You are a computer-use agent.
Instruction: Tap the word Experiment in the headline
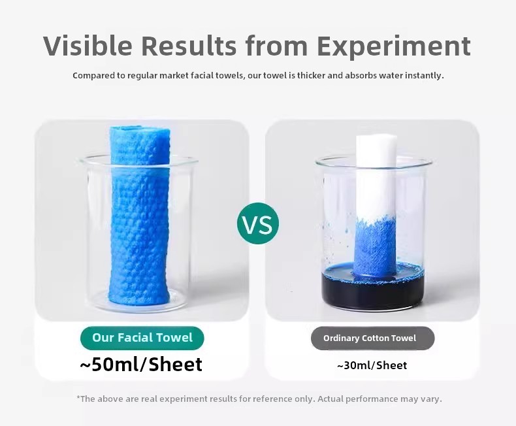click(x=394, y=46)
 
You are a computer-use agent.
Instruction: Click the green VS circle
click(x=257, y=223)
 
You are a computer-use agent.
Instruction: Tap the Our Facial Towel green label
click(x=142, y=338)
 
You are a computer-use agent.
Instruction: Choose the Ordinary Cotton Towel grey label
click(x=372, y=338)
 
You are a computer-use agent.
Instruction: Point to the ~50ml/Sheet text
click(x=141, y=364)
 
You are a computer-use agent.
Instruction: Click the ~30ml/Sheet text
click(x=372, y=365)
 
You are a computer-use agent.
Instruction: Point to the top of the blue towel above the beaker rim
click(x=140, y=142)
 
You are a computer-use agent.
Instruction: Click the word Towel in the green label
click(x=174, y=338)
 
